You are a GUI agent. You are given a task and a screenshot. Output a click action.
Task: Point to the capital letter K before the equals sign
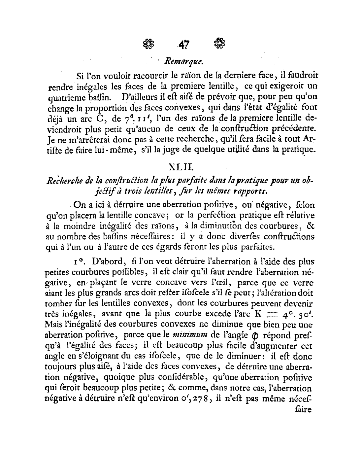(258, 313)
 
